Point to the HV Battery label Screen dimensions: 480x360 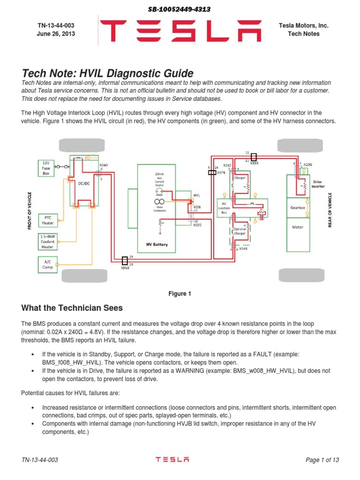(157, 245)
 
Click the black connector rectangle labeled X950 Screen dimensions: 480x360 (125, 260)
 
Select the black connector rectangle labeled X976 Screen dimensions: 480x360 (212, 172)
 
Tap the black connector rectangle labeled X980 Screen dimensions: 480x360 (254, 157)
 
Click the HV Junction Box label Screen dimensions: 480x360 (224, 207)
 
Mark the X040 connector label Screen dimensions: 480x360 (103, 165)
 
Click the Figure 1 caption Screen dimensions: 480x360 (180, 294)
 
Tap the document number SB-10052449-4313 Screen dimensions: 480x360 (180, 9)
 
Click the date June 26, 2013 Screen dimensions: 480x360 (56, 34)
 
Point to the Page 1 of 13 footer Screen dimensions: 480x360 (322, 460)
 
